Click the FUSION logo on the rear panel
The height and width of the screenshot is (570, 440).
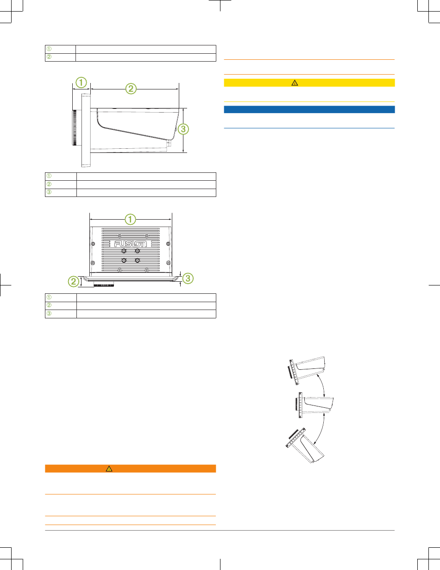coord(130,244)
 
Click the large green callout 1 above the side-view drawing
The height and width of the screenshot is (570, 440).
coord(81,83)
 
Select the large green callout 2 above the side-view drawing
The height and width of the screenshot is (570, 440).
coord(131,89)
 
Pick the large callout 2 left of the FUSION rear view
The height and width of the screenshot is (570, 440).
coord(73,281)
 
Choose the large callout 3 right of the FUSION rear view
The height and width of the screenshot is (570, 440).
coord(188,279)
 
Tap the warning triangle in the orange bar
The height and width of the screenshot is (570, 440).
coord(109,469)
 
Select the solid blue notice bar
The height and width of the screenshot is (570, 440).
coord(309,109)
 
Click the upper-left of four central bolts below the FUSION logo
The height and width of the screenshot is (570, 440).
coord(124,251)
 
